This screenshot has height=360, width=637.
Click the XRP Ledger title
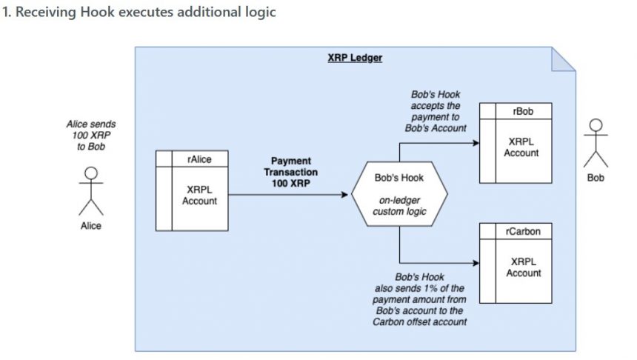355,58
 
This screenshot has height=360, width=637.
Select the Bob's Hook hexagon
399,194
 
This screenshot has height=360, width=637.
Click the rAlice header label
199,159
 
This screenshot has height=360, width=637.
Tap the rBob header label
523,111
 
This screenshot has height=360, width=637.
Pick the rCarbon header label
523,231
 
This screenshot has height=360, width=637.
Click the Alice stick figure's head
91,173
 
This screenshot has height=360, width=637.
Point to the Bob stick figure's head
596,125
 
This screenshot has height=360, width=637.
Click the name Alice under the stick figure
91,226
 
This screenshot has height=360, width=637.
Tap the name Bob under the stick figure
596,178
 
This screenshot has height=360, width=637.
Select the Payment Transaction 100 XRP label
291,173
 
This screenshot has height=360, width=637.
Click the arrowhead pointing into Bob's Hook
344,195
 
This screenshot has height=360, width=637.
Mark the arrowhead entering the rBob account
476,143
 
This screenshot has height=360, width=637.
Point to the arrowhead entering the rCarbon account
476,263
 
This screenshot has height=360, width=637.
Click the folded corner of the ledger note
564,59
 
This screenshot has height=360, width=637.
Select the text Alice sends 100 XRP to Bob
91,136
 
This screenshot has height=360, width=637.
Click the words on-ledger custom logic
399,206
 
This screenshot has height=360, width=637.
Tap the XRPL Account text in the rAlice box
199,196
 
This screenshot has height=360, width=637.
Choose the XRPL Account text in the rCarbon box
523,267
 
